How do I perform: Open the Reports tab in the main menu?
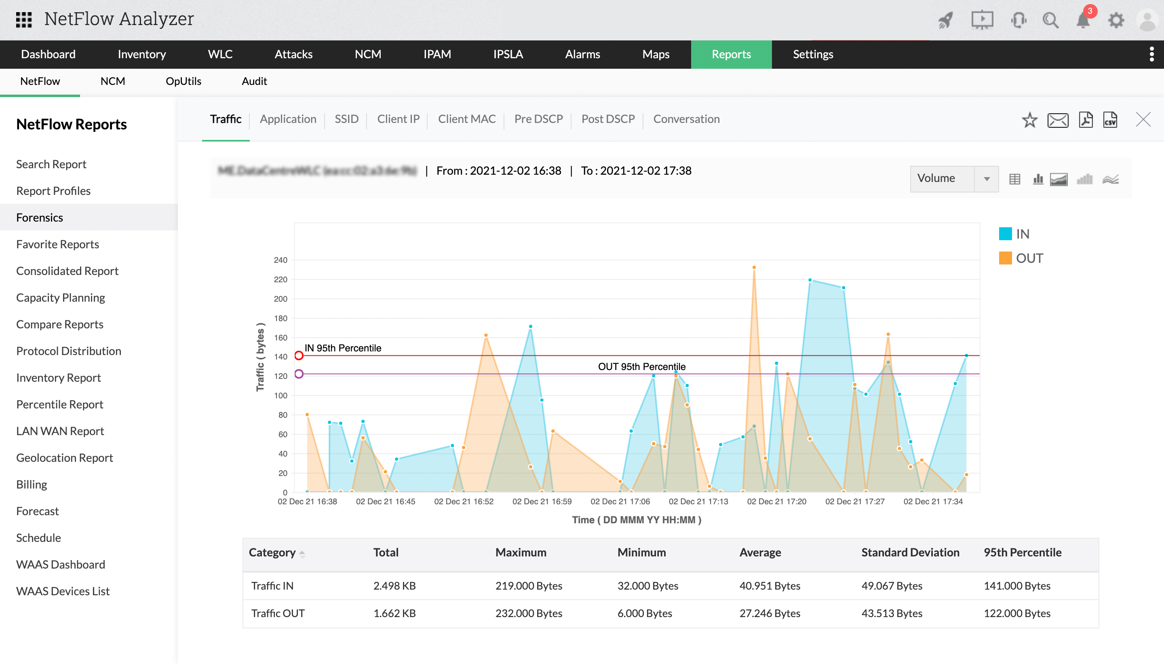click(x=731, y=54)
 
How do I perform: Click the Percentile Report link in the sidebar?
click(x=60, y=404)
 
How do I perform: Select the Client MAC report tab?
click(x=466, y=119)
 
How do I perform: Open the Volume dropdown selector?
click(x=953, y=179)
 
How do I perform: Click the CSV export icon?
click(x=1110, y=120)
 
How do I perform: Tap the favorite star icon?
click(x=1029, y=120)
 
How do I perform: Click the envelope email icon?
click(x=1057, y=120)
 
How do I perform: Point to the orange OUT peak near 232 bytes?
click(x=754, y=268)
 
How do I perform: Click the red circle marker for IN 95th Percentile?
click(x=299, y=356)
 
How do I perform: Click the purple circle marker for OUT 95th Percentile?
click(x=299, y=374)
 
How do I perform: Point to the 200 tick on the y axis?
click(x=280, y=299)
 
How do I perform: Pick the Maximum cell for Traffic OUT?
click(x=529, y=613)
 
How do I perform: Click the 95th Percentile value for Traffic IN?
click(x=1017, y=586)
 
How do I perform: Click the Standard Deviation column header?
click(x=910, y=553)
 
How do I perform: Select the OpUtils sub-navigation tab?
click(x=183, y=82)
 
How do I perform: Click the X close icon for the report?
click(x=1143, y=120)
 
